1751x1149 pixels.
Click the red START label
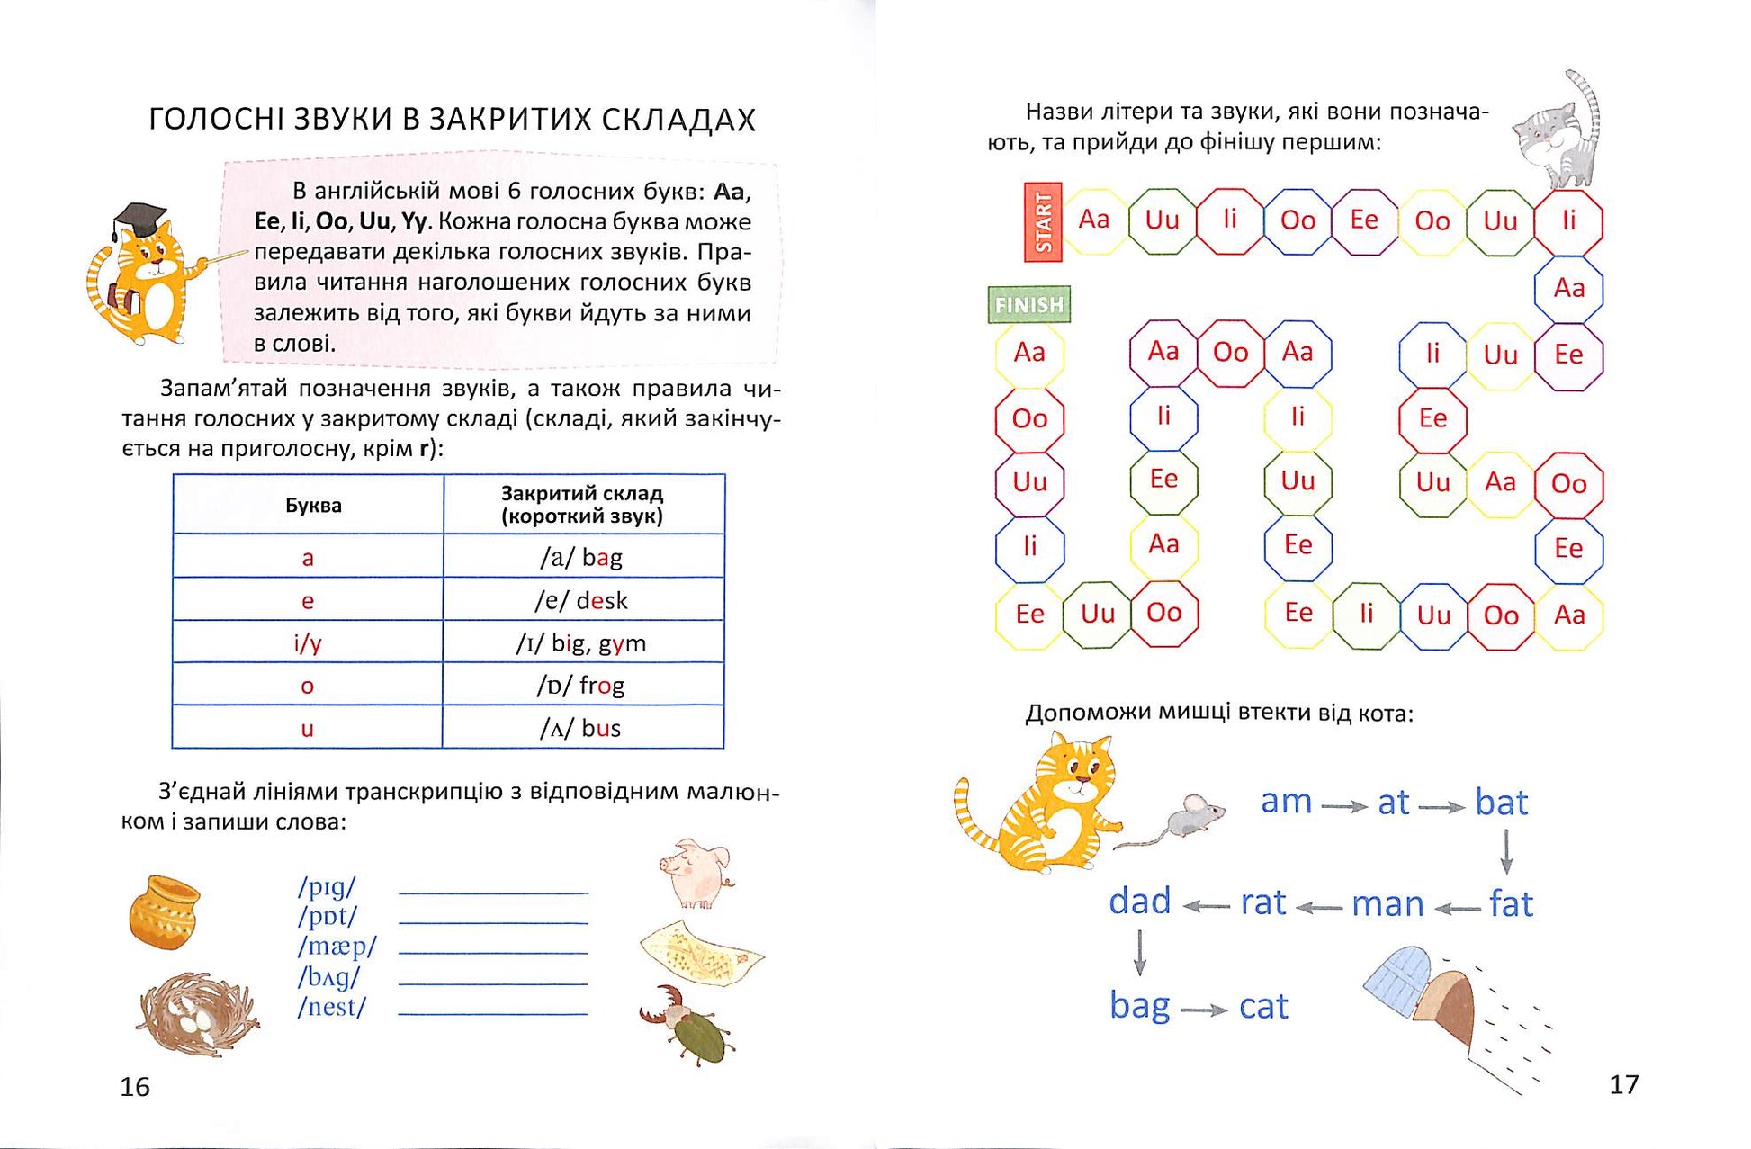coord(1043,222)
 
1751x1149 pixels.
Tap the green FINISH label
coord(1028,305)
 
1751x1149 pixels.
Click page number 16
coord(135,1087)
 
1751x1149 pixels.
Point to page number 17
coord(1623,1084)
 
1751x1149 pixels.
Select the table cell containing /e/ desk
coord(583,600)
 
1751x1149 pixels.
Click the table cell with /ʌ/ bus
coord(583,728)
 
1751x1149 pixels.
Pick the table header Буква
coord(312,506)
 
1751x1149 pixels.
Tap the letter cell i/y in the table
coord(308,642)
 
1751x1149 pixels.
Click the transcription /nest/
coord(332,1007)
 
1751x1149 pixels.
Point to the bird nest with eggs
coord(197,1012)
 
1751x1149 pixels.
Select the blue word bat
coord(1501,803)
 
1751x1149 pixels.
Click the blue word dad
coord(1139,901)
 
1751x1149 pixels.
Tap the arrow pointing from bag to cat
coord(1204,1010)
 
